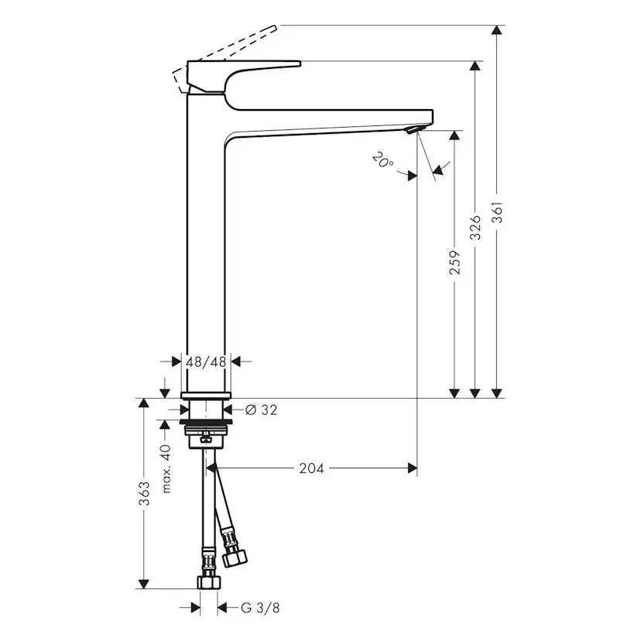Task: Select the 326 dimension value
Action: click(x=476, y=227)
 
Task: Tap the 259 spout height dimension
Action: click(x=455, y=262)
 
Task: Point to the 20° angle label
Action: click(x=382, y=162)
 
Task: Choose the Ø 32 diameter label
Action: click(x=261, y=410)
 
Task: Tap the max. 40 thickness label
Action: click(x=166, y=468)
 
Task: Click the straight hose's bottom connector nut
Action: click(x=208, y=581)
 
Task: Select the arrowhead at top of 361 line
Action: click(x=498, y=32)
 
